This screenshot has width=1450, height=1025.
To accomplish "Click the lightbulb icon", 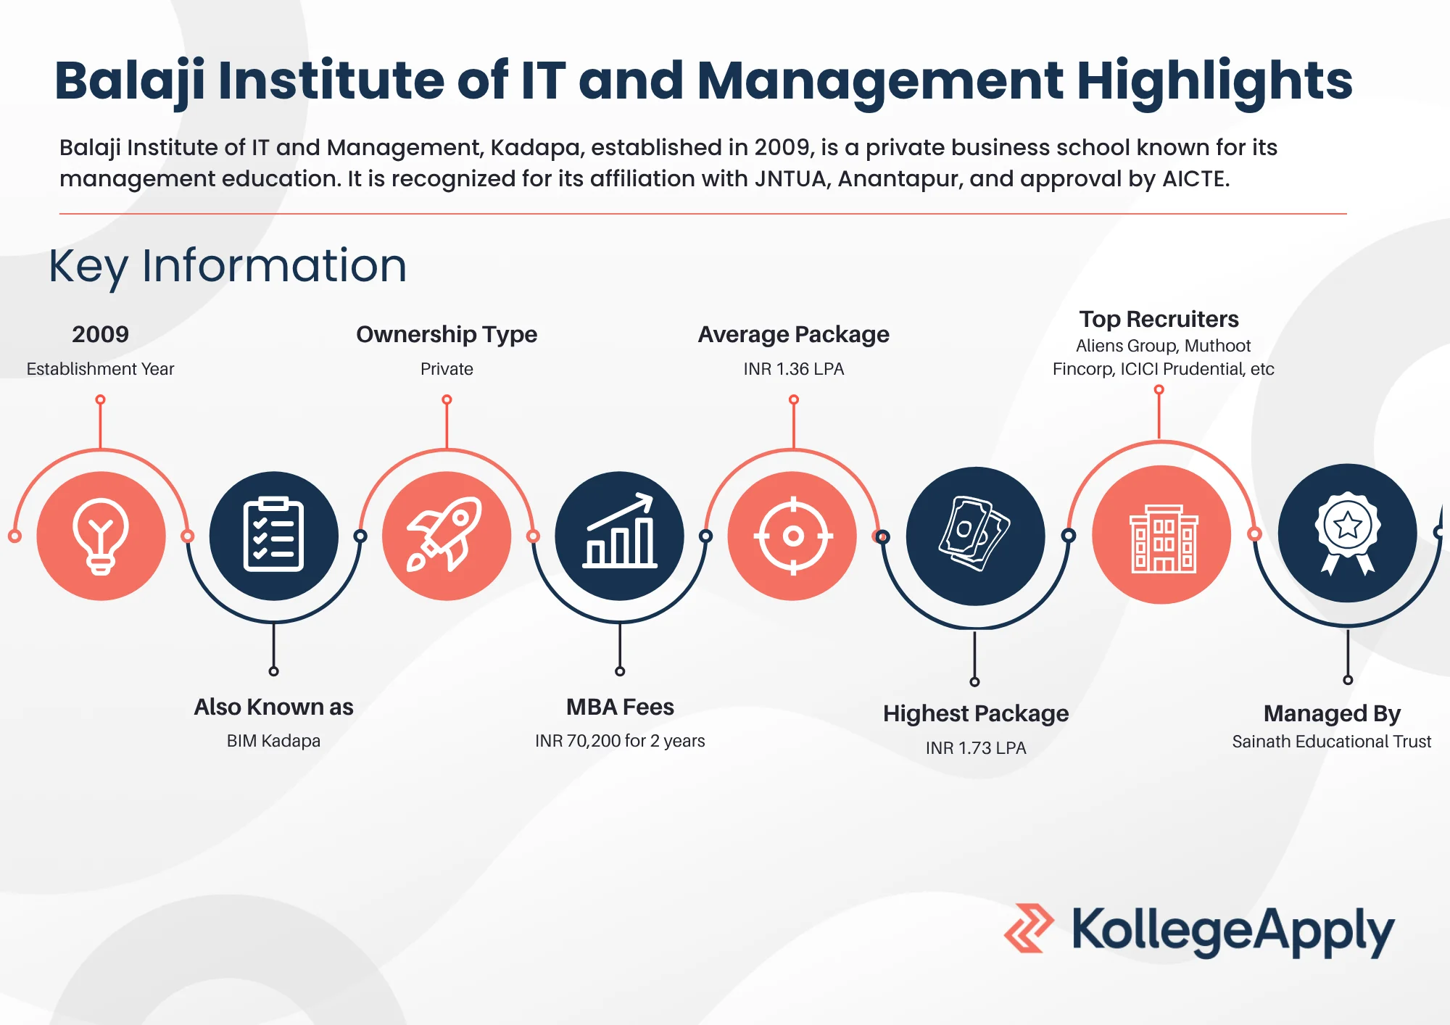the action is click(101, 536).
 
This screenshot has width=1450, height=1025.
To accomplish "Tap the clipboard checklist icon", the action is click(273, 535).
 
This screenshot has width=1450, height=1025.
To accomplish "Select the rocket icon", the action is click(444, 534).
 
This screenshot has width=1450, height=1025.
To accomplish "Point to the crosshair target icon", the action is click(793, 536).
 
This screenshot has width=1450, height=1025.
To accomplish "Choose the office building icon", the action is click(1163, 539).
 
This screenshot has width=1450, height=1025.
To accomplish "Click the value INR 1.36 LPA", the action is click(793, 369).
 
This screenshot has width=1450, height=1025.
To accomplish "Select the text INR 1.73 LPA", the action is click(976, 748).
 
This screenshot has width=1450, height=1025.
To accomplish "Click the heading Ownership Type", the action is click(447, 335).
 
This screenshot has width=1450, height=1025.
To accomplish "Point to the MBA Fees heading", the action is click(620, 707).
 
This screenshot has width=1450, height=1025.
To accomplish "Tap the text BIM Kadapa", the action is click(273, 741).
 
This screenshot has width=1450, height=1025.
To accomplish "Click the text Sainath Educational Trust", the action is click(1332, 742).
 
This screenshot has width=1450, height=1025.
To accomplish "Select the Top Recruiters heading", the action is click(1159, 319).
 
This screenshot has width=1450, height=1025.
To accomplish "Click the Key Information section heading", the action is click(228, 266).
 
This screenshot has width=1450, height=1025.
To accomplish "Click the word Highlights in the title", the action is click(1214, 81).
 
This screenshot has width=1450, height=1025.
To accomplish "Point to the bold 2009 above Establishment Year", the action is click(100, 334).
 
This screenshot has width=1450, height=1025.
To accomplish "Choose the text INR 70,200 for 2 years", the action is click(620, 741).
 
